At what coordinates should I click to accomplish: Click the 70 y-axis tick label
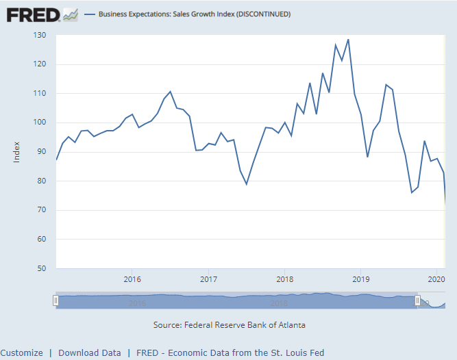point(41,210)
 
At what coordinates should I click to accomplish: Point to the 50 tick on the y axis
point(41,268)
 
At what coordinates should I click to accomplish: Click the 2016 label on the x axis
point(132,279)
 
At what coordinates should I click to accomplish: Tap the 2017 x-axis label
point(208,279)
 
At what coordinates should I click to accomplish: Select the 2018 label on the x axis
point(284,279)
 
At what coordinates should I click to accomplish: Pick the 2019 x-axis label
point(360,279)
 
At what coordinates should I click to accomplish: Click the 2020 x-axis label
point(436,279)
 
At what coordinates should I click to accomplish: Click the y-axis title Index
point(16,151)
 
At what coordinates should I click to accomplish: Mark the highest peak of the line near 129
point(348,39)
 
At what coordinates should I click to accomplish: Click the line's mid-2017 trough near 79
point(247,184)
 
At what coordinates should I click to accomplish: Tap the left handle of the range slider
point(56,300)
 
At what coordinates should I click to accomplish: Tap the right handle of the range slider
point(417,300)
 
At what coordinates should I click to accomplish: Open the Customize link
point(21,353)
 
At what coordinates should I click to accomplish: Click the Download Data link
point(90,353)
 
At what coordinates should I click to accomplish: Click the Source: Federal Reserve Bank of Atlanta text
point(230,324)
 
